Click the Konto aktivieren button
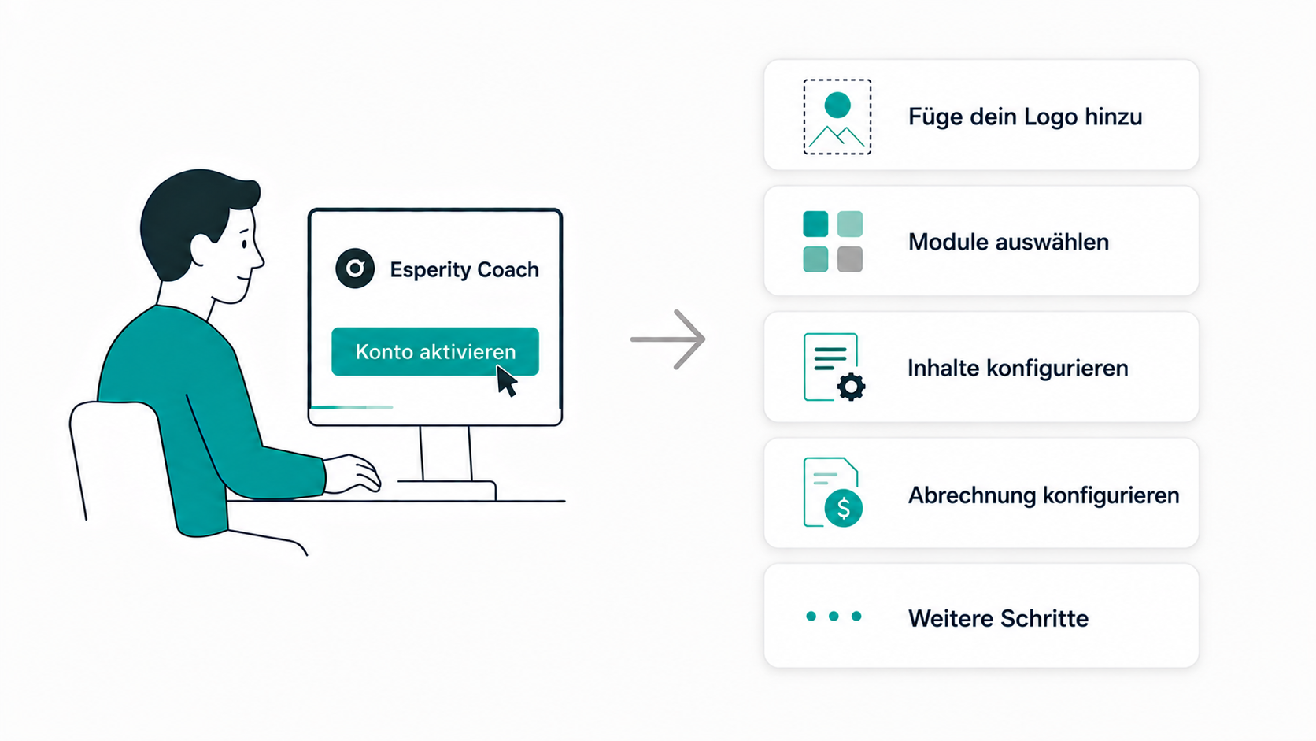[434, 351]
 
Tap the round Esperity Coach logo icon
[355, 269]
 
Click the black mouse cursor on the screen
[506, 381]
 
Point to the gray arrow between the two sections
[667, 339]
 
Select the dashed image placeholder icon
[837, 117]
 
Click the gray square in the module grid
[849, 259]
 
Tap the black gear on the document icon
[852, 387]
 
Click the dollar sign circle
[844, 508]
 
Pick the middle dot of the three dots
[834, 616]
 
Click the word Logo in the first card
[1051, 117]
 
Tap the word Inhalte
[944, 368]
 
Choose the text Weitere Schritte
[998, 618]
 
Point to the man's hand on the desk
[352, 473]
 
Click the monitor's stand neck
[446, 453]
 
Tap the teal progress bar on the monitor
[351, 406]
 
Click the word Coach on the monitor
[508, 269]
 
